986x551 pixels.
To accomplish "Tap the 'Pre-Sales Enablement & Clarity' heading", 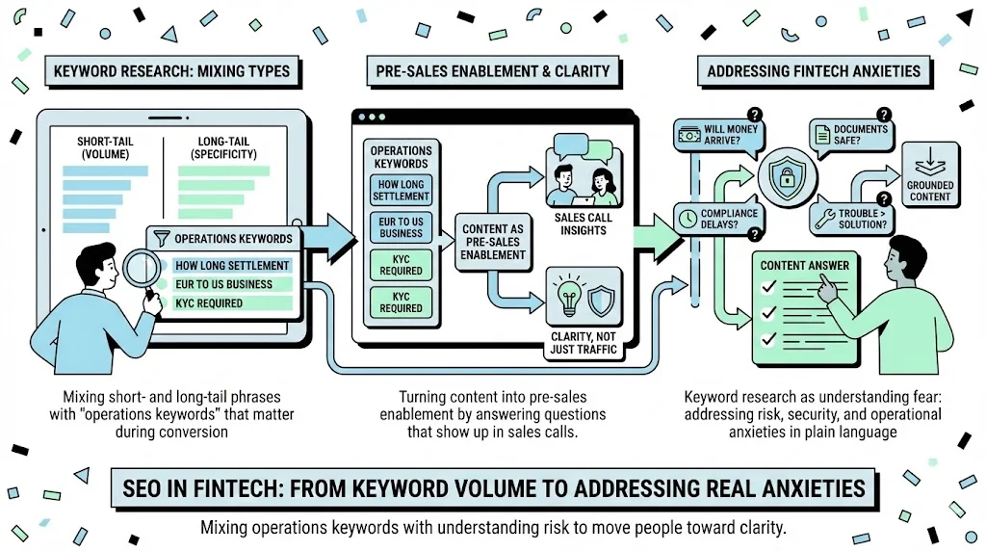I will (x=488, y=71).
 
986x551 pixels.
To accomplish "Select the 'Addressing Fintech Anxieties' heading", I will (x=814, y=71).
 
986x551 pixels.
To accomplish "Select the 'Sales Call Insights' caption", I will (x=583, y=224).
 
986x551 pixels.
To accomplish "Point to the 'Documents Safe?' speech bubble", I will (x=848, y=136).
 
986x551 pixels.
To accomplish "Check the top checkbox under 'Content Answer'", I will (x=767, y=287).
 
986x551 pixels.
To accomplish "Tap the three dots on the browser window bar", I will (x=371, y=117).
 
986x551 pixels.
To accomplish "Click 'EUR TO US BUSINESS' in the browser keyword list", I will (x=401, y=227).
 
